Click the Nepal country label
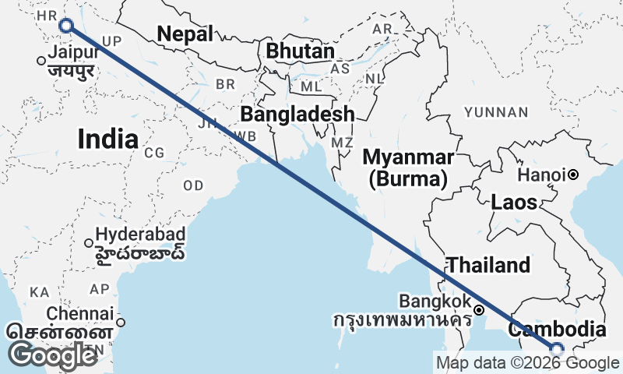coord(185,34)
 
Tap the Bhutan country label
coord(300,51)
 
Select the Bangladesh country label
coord(297,115)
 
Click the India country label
coord(108,139)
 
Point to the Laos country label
coord(514,203)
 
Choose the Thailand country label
coord(487,264)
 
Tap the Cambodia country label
coord(556,329)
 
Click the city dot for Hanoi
coord(573,175)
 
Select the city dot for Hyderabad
coord(89,243)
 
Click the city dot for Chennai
coord(121,322)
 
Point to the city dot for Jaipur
coord(41,61)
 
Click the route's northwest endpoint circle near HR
coord(66,26)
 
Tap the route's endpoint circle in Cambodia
coord(556,348)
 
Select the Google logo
coord(54,355)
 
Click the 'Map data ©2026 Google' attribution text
coord(527,362)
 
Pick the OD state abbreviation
coord(193,185)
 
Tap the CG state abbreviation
coord(154,153)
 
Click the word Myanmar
coord(408,157)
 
